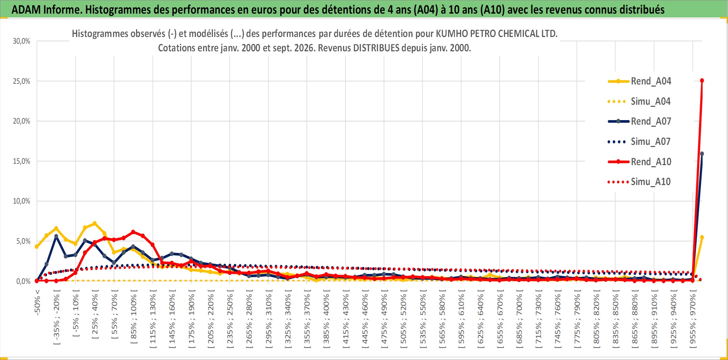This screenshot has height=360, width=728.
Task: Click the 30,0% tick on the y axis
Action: [x=22, y=41]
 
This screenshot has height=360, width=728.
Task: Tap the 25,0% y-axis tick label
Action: [x=22, y=81]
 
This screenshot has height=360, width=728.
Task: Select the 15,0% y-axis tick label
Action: [x=22, y=161]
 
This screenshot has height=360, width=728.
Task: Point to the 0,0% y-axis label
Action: [x=23, y=281]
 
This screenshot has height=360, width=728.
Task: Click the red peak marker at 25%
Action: [x=702, y=81]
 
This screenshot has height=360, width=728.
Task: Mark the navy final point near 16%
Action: [x=702, y=154]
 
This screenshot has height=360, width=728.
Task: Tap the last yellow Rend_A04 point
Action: [x=702, y=237]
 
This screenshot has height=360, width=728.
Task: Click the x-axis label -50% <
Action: [x=37, y=302]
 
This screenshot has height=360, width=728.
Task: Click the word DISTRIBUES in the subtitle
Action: [x=376, y=48]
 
